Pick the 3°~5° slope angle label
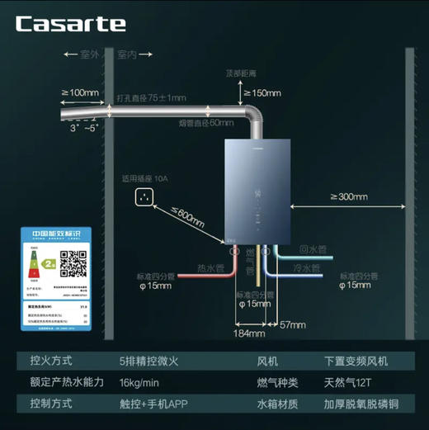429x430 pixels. coord(84,128)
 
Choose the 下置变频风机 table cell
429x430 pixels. coord(356,361)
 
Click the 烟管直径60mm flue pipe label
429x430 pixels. coord(205,122)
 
